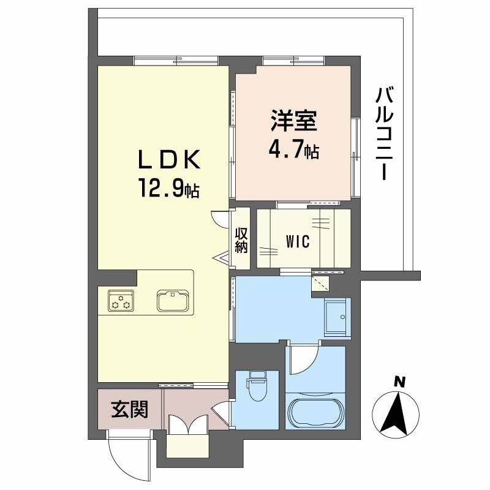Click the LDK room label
pyautogui.click(x=169, y=160)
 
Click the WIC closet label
pyautogui.click(x=298, y=241)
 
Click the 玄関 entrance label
pyautogui.click(x=130, y=409)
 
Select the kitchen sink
pyautogui.click(x=174, y=300)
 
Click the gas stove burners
pyautogui.click(x=121, y=301)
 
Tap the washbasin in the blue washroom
pyautogui.click(x=336, y=317)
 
